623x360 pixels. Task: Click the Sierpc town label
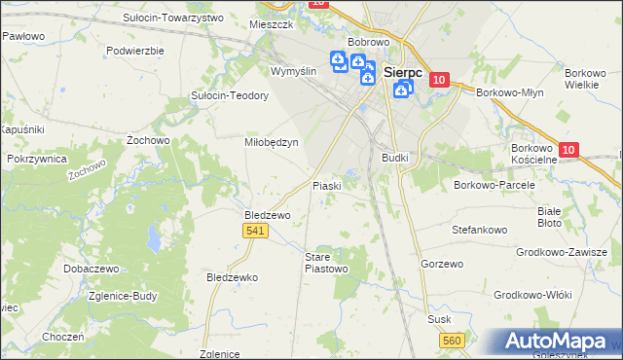(402, 72)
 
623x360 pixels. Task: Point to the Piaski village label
(326, 185)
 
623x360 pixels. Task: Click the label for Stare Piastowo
(326, 262)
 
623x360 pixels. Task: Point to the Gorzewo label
(439, 264)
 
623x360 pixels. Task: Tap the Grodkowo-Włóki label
(532, 294)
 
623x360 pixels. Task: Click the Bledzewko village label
(232, 277)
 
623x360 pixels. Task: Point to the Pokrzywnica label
(36, 158)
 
